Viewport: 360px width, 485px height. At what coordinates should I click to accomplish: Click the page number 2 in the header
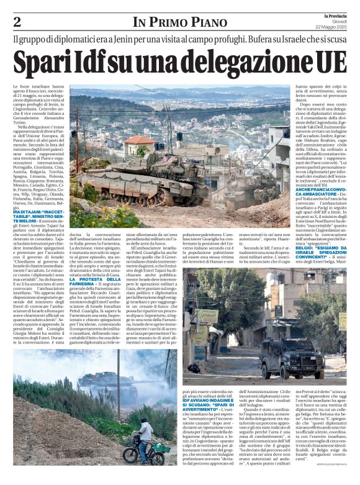click(17, 22)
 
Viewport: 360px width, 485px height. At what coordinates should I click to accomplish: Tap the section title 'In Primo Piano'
click(180, 22)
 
